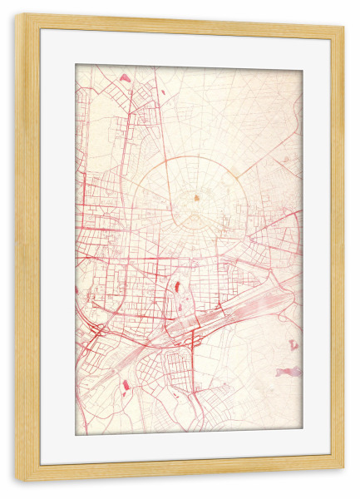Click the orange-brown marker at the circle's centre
(x=196, y=198)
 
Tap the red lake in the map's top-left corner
(x=124, y=77)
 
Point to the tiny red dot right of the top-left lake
(x=152, y=82)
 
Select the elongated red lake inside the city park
(x=178, y=292)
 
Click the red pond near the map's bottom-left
(x=126, y=385)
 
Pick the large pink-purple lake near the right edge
(x=289, y=371)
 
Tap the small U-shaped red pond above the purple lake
(x=293, y=343)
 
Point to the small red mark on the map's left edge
(x=76, y=290)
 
